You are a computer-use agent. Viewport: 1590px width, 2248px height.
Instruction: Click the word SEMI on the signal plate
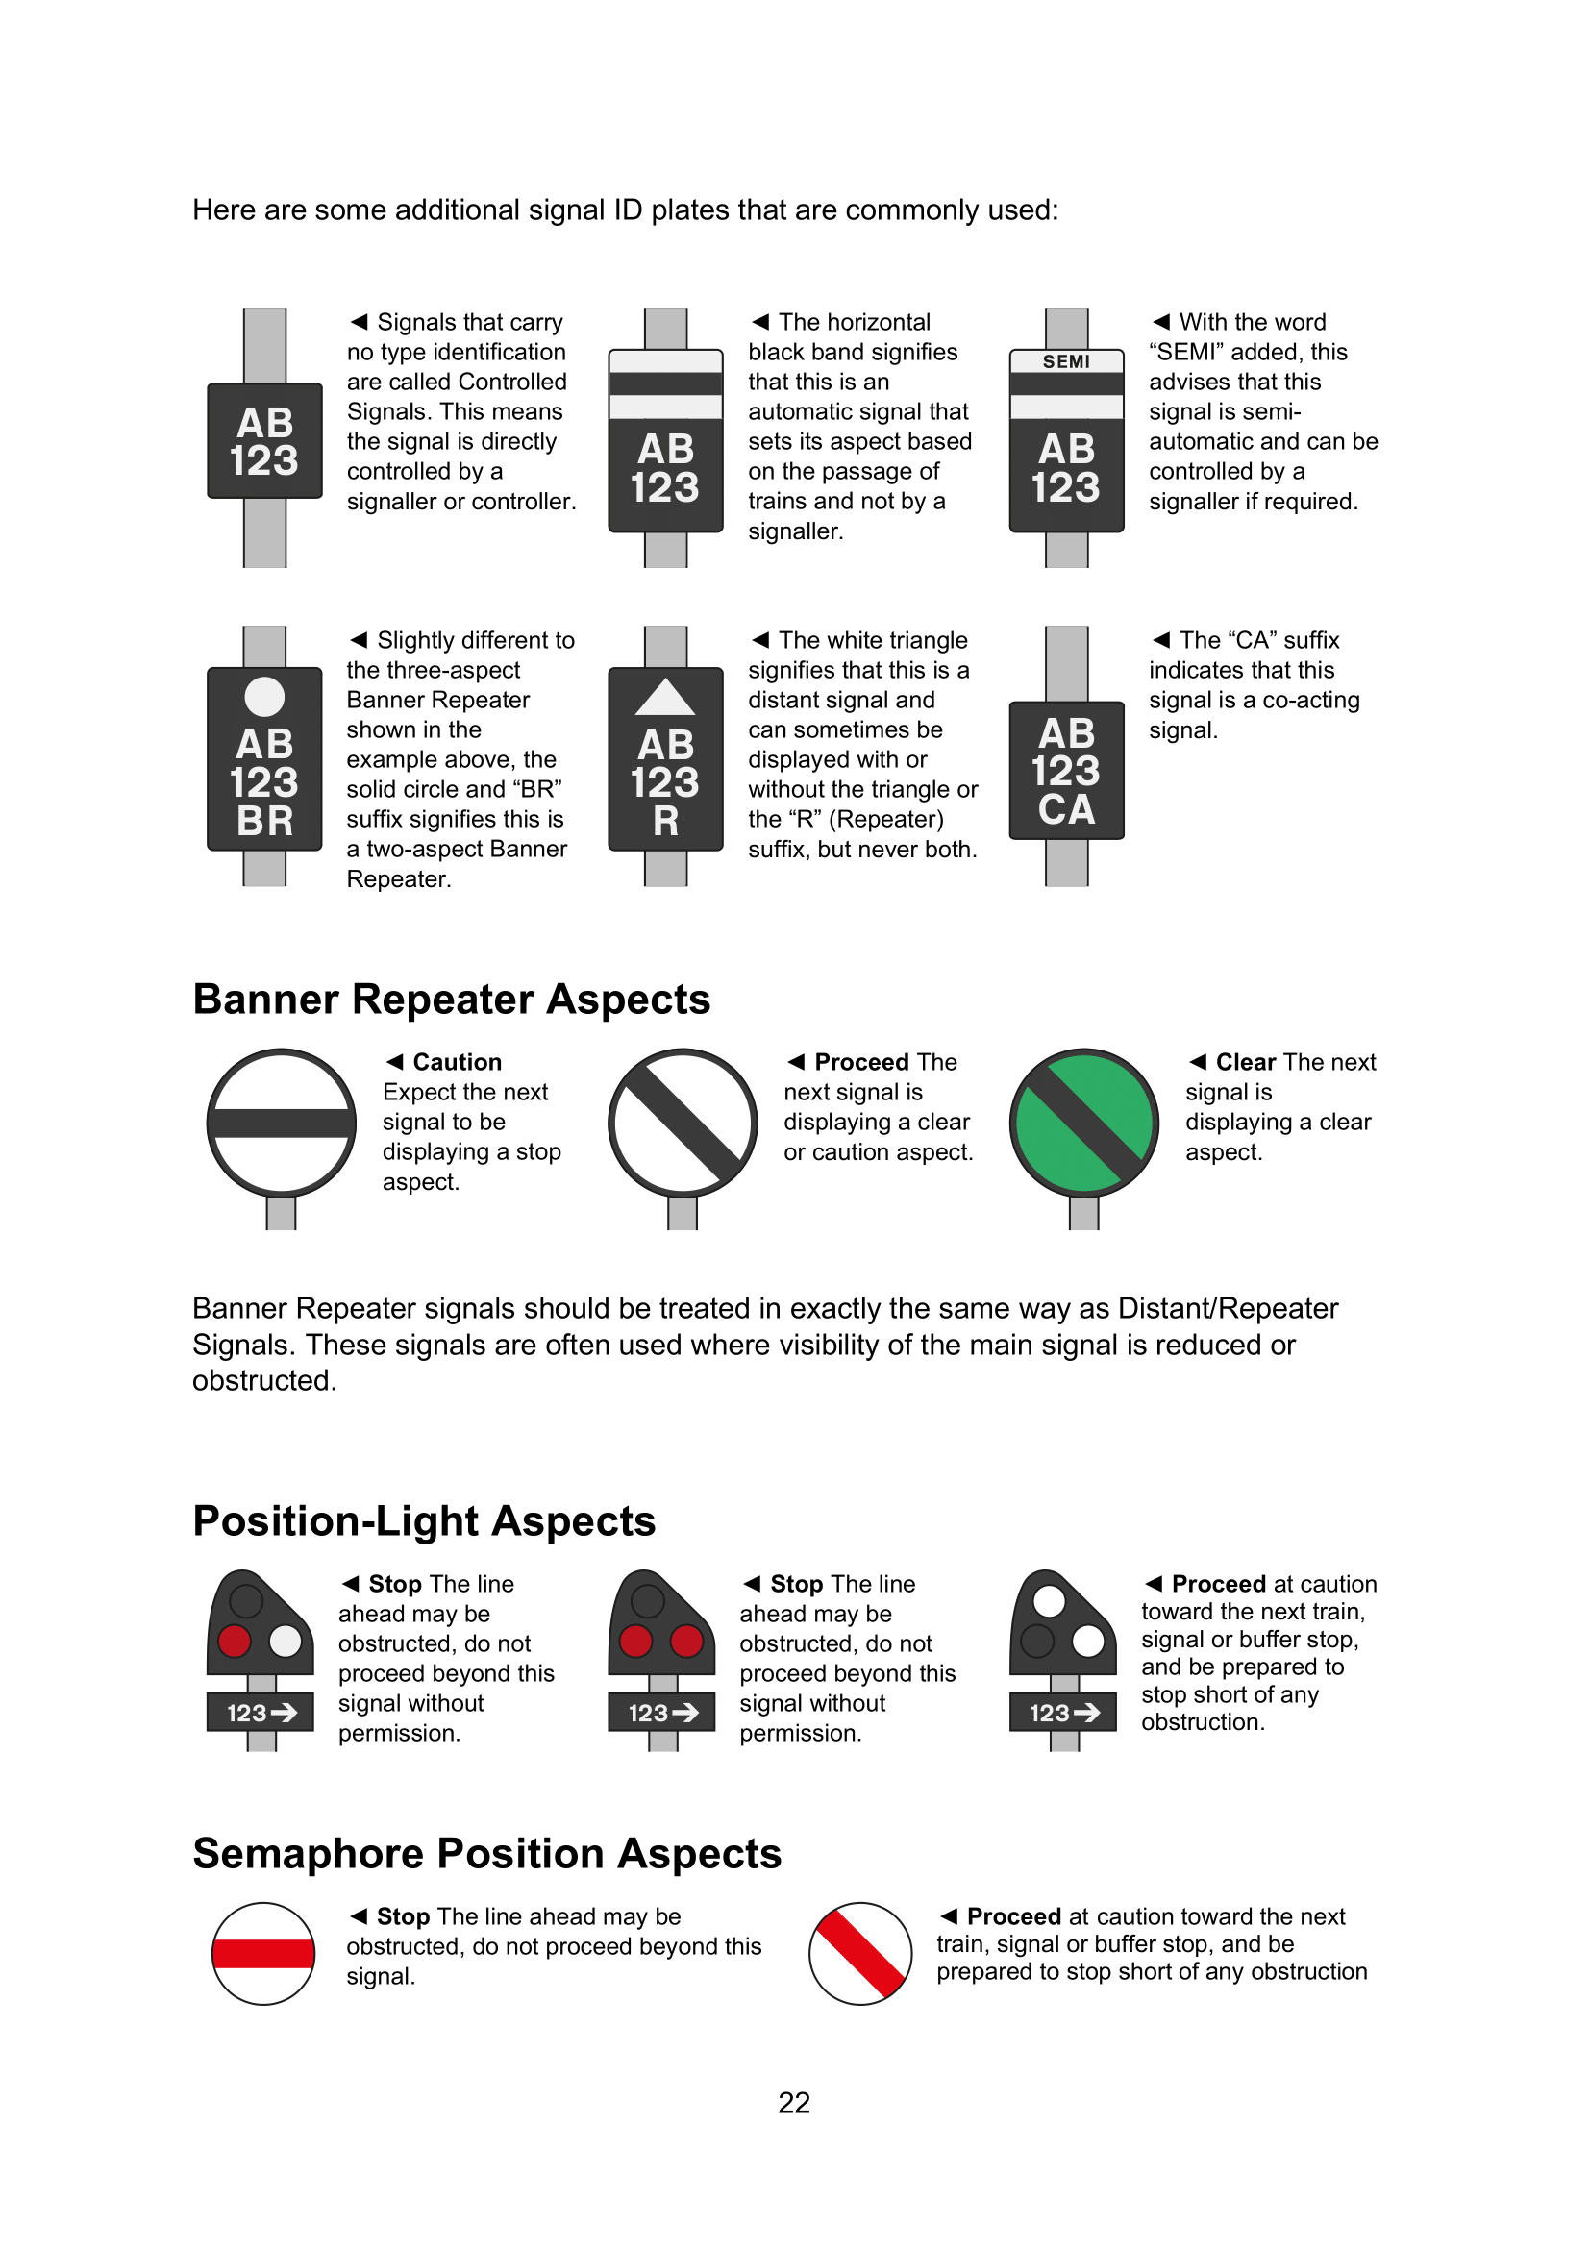tap(1065, 361)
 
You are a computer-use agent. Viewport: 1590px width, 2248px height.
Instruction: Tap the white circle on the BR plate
tap(264, 696)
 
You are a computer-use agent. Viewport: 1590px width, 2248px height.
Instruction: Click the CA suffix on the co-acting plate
tap(1066, 809)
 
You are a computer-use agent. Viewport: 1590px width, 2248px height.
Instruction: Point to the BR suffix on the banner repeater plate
tap(264, 821)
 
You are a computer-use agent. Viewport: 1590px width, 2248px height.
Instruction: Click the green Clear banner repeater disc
tap(1083, 1122)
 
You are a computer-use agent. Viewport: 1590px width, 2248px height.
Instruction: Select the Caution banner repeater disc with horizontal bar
tap(281, 1122)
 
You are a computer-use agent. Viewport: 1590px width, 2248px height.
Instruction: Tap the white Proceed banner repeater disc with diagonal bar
tap(683, 1122)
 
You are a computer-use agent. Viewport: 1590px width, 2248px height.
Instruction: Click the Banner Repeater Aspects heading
tap(452, 999)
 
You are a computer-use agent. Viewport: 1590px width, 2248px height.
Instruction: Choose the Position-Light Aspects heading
tap(424, 1520)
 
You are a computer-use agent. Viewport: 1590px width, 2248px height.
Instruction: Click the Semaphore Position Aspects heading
tap(486, 1853)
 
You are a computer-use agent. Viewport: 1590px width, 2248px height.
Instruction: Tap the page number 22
tap(794, 2102)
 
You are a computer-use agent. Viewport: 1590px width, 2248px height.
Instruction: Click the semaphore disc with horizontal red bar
tap(263, 1953)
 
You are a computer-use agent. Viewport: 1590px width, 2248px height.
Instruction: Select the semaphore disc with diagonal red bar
tap(860, 1953)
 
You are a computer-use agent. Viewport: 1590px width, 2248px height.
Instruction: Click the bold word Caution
tap(458, 1062)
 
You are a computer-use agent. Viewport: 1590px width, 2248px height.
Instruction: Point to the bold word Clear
tap(1245, 1062)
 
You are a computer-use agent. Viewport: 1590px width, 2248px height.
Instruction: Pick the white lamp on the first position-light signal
tap(286, 1640)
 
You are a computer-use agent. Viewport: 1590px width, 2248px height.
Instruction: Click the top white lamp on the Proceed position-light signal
tap(1049, 1601)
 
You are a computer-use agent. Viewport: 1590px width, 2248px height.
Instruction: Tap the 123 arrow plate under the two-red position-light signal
tap(661, 1713)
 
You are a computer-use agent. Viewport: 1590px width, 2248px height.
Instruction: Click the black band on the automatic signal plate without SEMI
tap(665, 383)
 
